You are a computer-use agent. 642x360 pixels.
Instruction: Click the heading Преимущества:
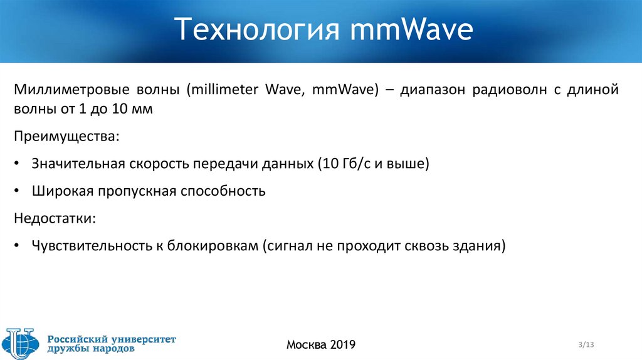point(57,136)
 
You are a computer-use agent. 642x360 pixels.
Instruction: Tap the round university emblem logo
point(20,344)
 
